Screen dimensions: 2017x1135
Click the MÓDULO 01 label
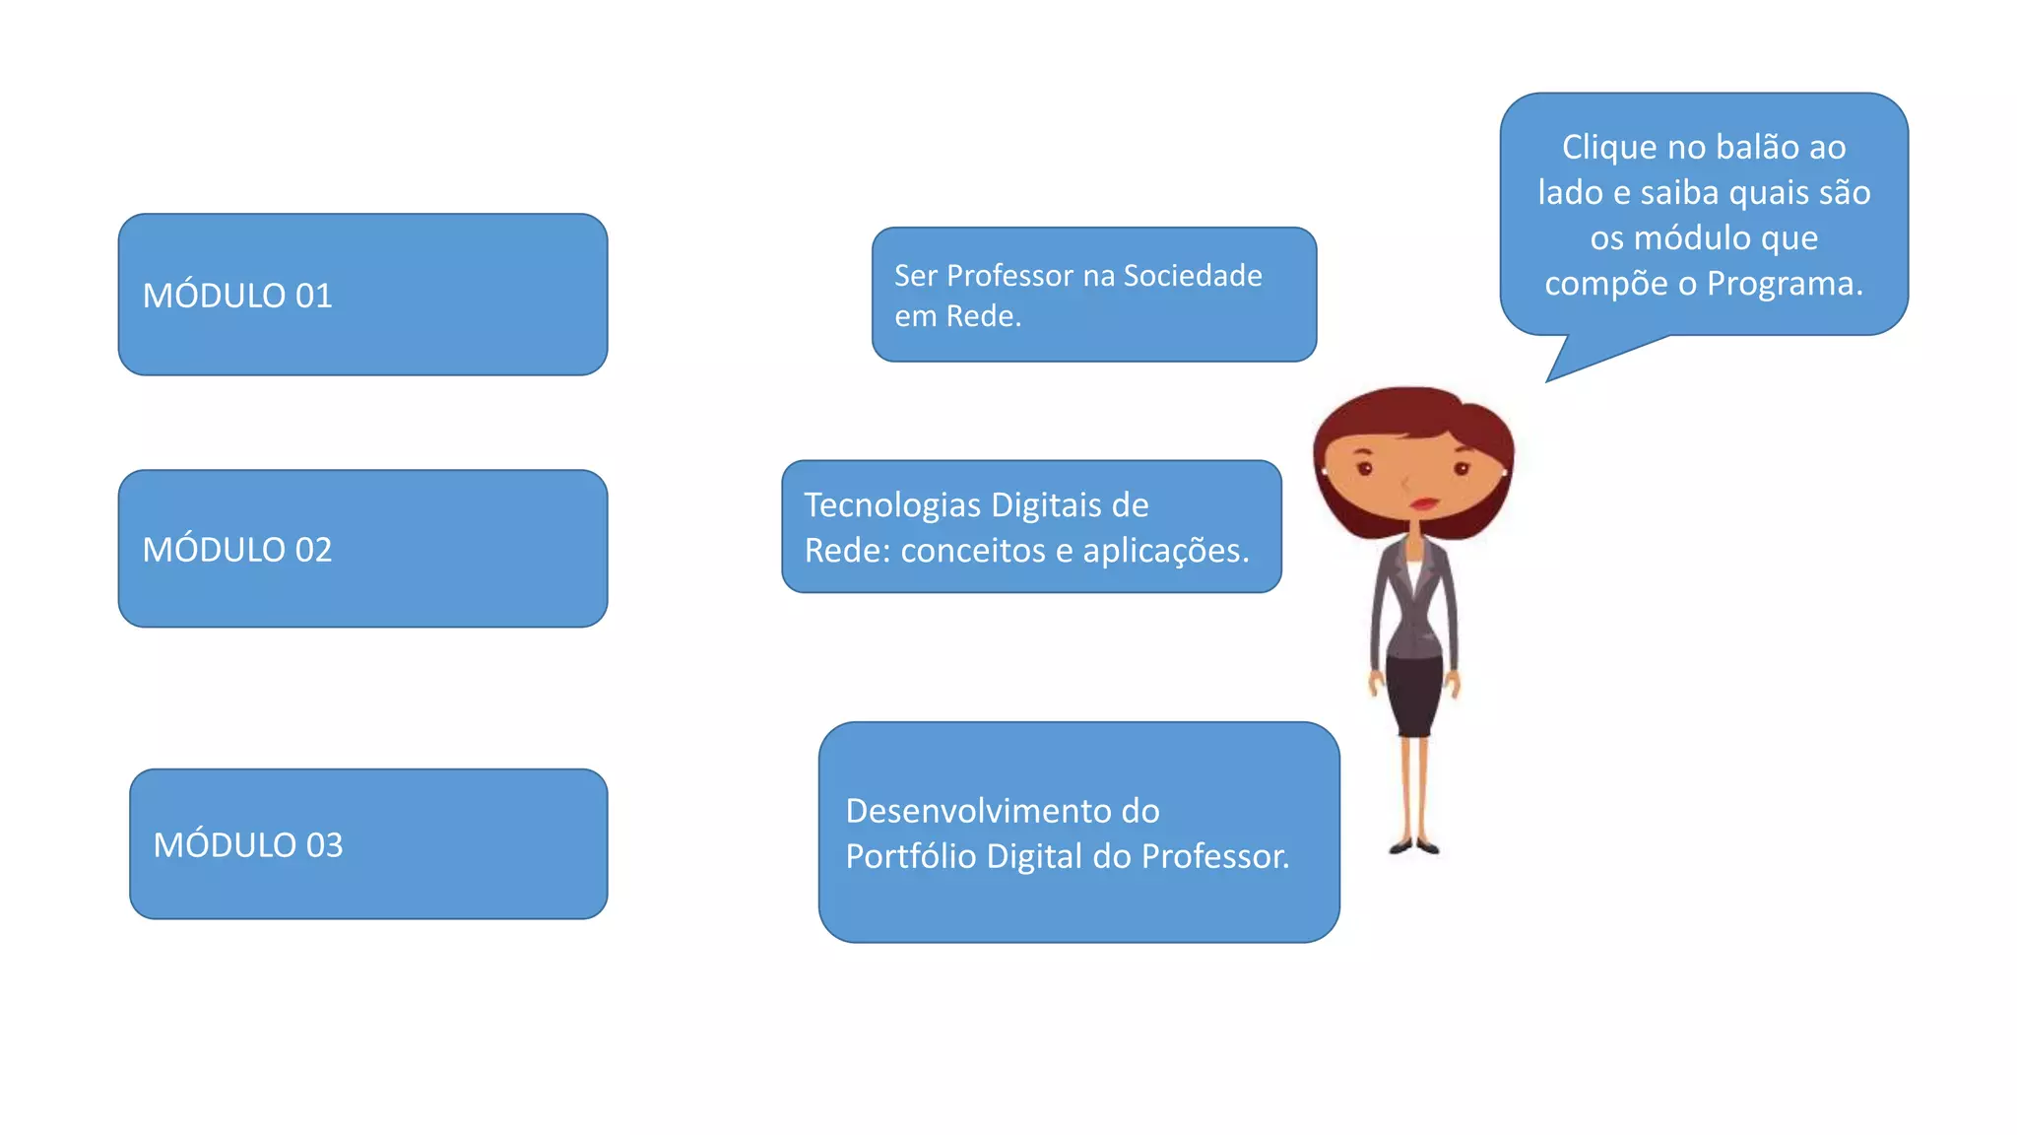pyautogui.click(x=237, y=296)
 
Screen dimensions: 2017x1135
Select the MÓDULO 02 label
pyautogui.click(x=237, y=549)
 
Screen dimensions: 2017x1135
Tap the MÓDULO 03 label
pyautogui.click(x=248, y=844)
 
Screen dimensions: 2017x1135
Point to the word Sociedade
pyautogui.click(x=1193, y=276)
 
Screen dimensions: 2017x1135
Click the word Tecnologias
pyautogui.click(x=892, y=506)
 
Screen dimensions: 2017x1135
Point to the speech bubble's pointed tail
pyautogui.click(x=1549, y=379)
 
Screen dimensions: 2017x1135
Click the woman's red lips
pyautogui.click(x=1424, y=503)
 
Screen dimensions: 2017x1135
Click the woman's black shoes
pyautogui.click(x=1414, y=846)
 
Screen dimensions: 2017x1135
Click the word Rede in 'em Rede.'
pyautogui.click(x=983, y=316)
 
